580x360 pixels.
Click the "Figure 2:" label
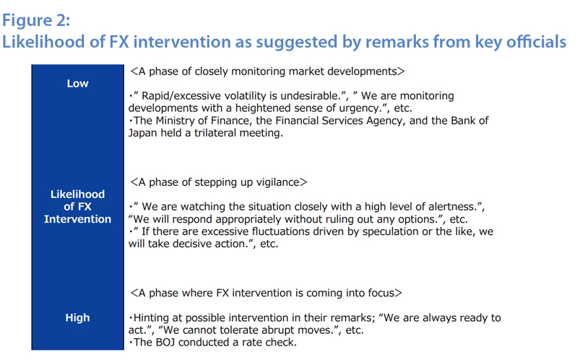pyautogui.click(x=36, y=20)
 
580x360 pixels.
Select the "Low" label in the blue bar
pyautogui.click(x=78, y=83)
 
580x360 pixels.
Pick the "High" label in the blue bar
pyautogui.click(x=78, y=317)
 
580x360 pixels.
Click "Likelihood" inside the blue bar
pyautogui.click(x=78, y=194)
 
